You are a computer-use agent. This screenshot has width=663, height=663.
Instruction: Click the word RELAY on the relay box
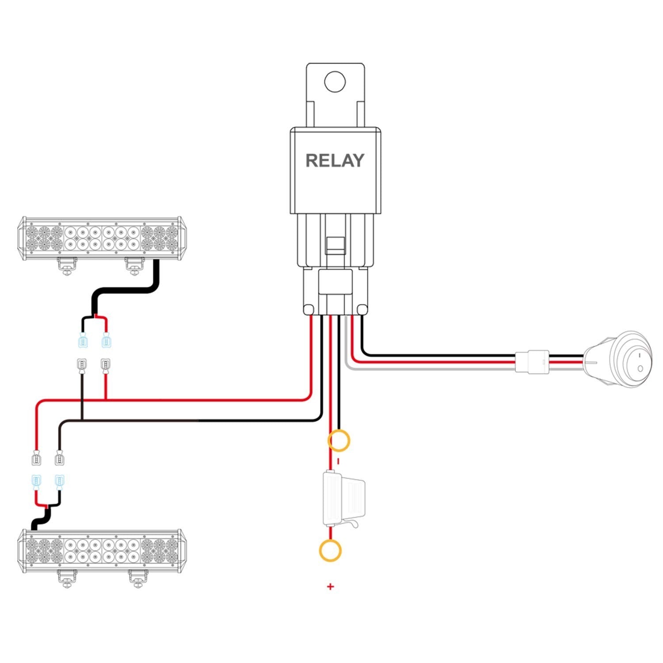tap(335, 160)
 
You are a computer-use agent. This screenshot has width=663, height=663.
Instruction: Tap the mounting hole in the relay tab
tap(335, 81)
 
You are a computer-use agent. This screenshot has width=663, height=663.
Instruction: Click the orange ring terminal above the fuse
tap(339, 440)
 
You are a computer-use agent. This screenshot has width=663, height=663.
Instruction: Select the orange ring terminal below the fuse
tap(330, 551)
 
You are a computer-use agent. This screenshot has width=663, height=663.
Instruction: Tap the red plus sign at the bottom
tap(330, 587)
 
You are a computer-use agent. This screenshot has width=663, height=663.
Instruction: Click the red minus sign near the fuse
tap(338, 461)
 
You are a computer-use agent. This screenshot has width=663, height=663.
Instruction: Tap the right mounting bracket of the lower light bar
tap(138, 578)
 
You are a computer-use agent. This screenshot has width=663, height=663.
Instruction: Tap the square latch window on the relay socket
tap(335, 245)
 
